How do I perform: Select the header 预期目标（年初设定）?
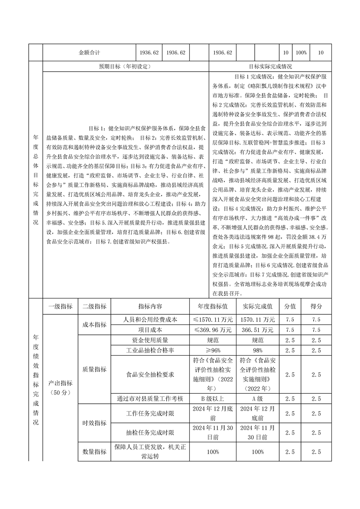click(125, 66)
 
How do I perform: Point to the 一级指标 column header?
click(60, 306)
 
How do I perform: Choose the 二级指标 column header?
click(94, 306)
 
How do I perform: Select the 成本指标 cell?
click(94, 324)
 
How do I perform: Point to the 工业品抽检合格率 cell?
click(150, 351)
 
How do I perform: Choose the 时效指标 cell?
click(94, 423)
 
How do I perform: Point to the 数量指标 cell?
click(94, 452)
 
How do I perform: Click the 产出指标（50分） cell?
click(60, 387)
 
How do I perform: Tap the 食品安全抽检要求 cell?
click(150, 375)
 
